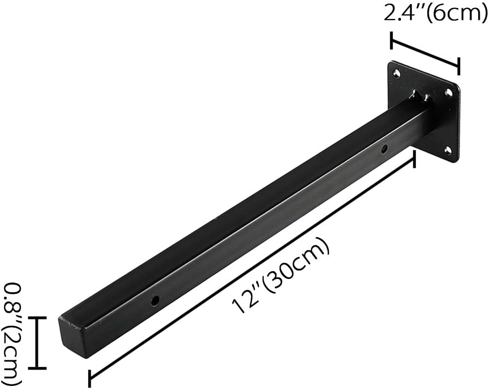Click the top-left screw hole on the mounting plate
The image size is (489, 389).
coord(396,74)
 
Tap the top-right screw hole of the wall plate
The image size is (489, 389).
coord(449,93)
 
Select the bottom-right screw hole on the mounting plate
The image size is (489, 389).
coord(448,150)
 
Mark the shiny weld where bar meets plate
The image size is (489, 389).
coord(421,96)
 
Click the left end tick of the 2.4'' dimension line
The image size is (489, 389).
coord(392,40)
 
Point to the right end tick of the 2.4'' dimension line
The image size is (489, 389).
coord(458,66)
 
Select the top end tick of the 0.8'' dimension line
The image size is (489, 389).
coord(37,318)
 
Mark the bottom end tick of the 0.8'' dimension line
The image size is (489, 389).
coord(37,368)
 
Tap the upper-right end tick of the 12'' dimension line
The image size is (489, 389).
coord(414,159)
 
